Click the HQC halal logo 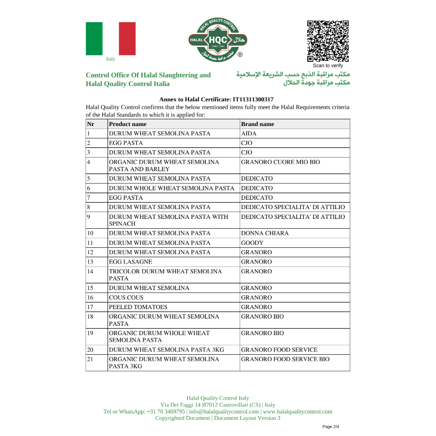(218, 40)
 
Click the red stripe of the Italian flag (127, 39)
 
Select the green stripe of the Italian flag (94, 39)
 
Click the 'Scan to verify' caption (328, 66)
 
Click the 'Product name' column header (128, 124)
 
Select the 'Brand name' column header (258, 124)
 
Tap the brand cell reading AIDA (249, 134)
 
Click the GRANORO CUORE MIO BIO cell (281, 162)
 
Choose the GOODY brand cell (252, 243)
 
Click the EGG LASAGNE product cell (131, 262)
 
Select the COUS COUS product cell (126, 298)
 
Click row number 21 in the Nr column (90, 359)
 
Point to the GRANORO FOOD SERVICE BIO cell (285, 359)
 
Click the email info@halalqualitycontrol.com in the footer (224, 412)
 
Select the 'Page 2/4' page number (331, 427)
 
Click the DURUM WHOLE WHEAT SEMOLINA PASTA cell (172, 188)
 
